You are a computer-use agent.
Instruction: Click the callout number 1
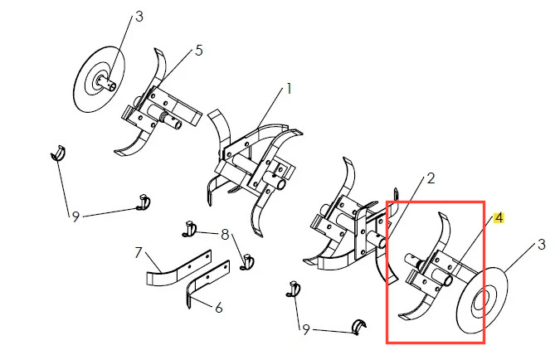click(289, 89)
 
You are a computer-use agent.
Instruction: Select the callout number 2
click(431, 178)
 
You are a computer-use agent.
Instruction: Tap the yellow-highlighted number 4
click(499, 217)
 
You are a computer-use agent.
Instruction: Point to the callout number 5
click(199, 51)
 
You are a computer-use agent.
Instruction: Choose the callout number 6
click(219, 307)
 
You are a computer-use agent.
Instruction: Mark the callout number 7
click(139, 252)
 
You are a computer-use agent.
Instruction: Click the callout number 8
click(225, 235)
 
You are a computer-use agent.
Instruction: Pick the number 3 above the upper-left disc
click(139, 17)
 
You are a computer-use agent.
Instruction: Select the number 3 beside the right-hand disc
click(542, 245)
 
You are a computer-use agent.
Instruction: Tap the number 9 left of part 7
click(75, 216)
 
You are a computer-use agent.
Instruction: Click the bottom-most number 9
click(305, 330)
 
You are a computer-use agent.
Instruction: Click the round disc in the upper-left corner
click(99, 79)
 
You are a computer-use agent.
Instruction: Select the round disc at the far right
click(482, 300)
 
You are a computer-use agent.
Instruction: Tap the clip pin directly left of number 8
click(190, 229)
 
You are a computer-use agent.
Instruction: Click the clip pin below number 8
click(247, 262)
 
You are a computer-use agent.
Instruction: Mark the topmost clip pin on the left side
click(58, 153)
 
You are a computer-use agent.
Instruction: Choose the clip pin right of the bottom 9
click(359, 327)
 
